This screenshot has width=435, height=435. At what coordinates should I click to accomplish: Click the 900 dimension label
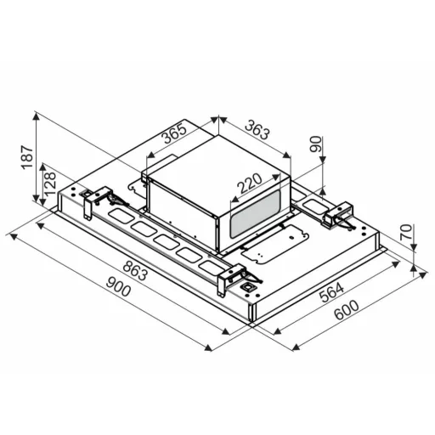pyautogui.click(x=118, y=286)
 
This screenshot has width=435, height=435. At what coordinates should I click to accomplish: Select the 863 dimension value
pyautogui.click(x=135, y=271)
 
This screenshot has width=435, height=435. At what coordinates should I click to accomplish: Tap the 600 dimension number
pyautogui.click(x=346, y=310)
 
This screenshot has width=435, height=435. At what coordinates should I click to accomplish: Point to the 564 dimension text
pyautogui.click(x=331, y=292)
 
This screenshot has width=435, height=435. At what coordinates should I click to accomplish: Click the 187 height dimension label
pyautogui.click(x=28, y=157)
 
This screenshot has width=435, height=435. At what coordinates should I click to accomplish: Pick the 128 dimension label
pyautogui.click(x=50, y=184)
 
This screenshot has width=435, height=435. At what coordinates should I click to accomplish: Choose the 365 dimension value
pyautogui.click(x=174, y=133)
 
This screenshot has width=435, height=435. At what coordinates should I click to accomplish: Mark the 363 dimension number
pyautogui.click(x=257, y=130)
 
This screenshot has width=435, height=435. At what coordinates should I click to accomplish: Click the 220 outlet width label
pyautogui.click(x=249, y=183)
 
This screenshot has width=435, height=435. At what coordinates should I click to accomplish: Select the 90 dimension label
pyautogui.click(x=316, y=144)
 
